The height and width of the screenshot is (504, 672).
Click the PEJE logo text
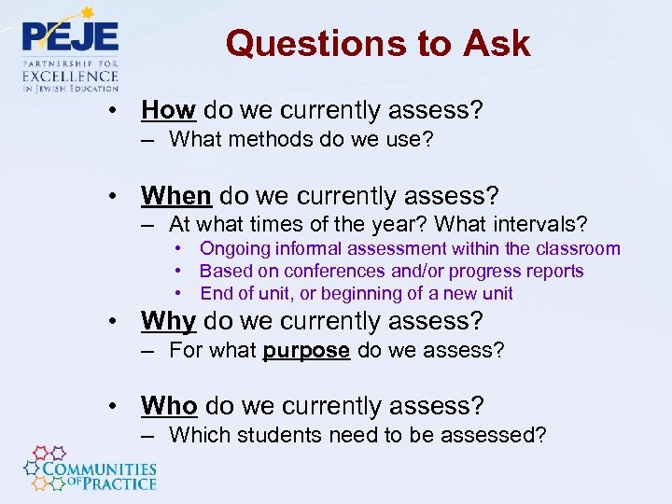[70, 36]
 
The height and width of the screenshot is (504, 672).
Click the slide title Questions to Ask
[377, 44]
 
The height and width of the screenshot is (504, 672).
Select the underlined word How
[168, 110]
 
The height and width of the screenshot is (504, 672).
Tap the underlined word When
[176, 196]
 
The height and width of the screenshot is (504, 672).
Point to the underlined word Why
[168, 321]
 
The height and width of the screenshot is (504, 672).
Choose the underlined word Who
[169, 406]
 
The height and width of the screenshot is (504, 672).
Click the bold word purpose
[307, 351]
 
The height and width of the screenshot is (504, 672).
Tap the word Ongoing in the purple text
[234, 248]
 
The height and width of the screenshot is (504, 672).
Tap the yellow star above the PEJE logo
[87, 13]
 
